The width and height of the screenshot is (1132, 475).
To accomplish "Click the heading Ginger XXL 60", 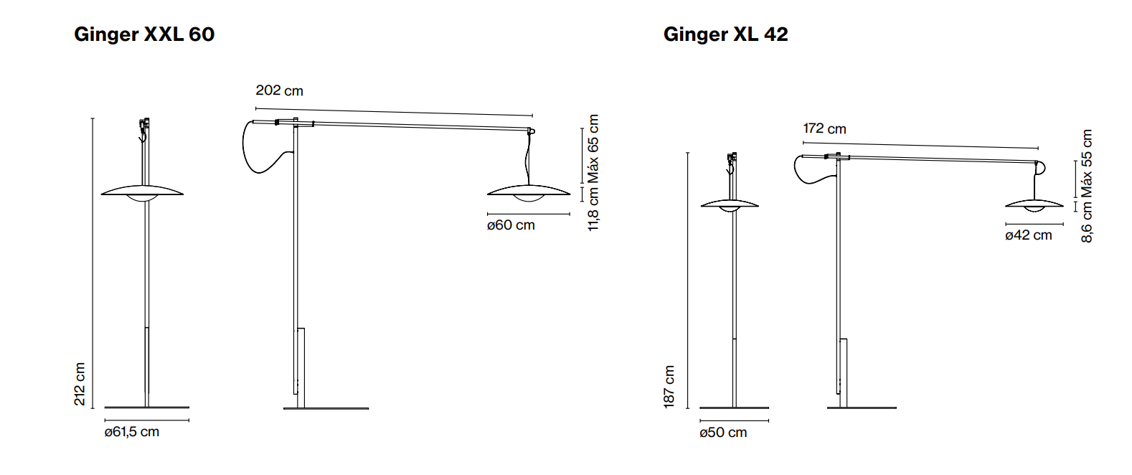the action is click(x=144, y=35).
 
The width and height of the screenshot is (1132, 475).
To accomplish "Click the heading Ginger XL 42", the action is click(x=725, y=35).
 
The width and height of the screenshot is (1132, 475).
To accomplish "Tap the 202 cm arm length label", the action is click(x=279, y=90).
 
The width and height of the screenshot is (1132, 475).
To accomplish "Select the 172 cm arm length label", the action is click(x=824, y=129).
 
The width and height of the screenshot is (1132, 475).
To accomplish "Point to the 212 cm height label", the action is click(x=80, y=384).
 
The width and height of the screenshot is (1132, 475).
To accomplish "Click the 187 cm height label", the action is click(x=669, y=387).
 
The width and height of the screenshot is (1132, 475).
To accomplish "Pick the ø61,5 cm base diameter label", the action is click(x=132, y=432).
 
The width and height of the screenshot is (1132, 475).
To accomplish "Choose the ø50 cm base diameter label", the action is click(x=723, y=433).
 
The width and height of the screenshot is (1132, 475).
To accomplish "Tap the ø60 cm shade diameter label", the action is click(x=511, y=225).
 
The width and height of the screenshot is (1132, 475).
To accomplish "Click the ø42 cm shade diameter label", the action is click(x=1029, y=235).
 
